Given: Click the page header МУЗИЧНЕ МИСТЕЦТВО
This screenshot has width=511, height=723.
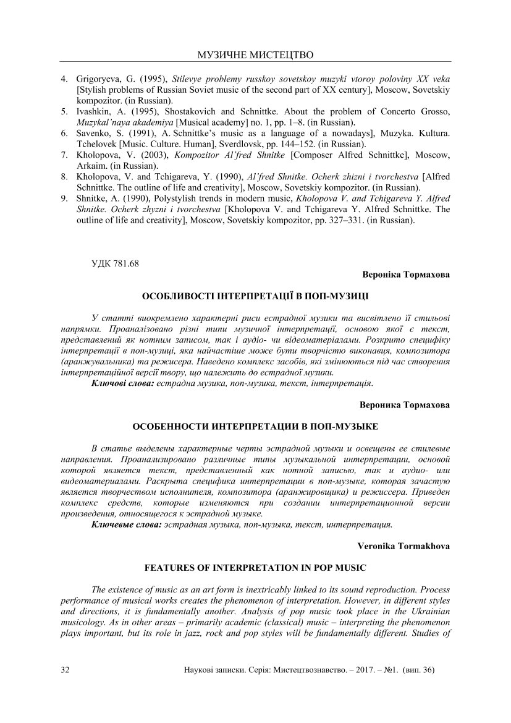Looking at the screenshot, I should pos(255,55).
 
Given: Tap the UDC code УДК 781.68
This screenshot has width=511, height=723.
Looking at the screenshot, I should pos(114,263).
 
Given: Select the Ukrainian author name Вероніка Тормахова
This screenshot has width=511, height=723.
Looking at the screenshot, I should pos(406,274).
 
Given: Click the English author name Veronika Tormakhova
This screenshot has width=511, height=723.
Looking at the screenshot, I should pos(404,546).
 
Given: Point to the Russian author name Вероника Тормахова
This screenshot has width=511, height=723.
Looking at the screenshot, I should pos(405,405).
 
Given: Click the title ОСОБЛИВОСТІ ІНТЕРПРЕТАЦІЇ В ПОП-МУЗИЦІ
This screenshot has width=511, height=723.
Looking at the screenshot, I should pos(255,296).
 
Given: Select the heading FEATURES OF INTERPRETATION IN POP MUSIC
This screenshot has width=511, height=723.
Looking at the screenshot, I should pos(255,567).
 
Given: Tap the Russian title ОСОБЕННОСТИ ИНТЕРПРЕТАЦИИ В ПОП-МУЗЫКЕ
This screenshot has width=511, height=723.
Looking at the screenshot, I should pos(255,427).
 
